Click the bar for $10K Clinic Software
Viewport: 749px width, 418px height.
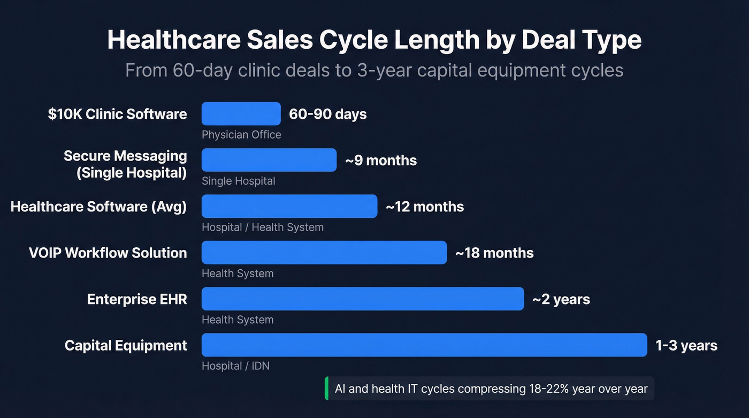point(241,113)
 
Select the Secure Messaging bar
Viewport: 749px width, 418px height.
point(269,160)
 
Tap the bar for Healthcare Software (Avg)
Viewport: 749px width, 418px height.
point(289,206)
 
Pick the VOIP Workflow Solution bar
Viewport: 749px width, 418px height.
point(324,253)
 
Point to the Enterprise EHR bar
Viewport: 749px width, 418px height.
point(362,299)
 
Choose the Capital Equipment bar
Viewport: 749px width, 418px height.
point(424,345)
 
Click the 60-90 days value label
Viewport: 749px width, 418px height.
point(327,114)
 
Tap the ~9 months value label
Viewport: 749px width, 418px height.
point(380,160)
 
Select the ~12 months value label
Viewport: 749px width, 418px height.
point(424,207)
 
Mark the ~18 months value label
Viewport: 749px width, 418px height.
point(494,253)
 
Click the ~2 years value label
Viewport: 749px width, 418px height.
point(561,299)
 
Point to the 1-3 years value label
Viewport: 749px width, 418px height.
point(686,345)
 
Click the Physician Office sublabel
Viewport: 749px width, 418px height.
point(241,135)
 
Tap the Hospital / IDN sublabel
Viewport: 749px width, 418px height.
point(235,366)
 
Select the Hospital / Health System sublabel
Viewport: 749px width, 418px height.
point(262,227)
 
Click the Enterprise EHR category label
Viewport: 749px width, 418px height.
point(137,299)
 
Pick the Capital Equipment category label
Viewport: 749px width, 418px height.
point(126,345)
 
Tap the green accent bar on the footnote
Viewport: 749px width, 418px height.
point(326,389)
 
